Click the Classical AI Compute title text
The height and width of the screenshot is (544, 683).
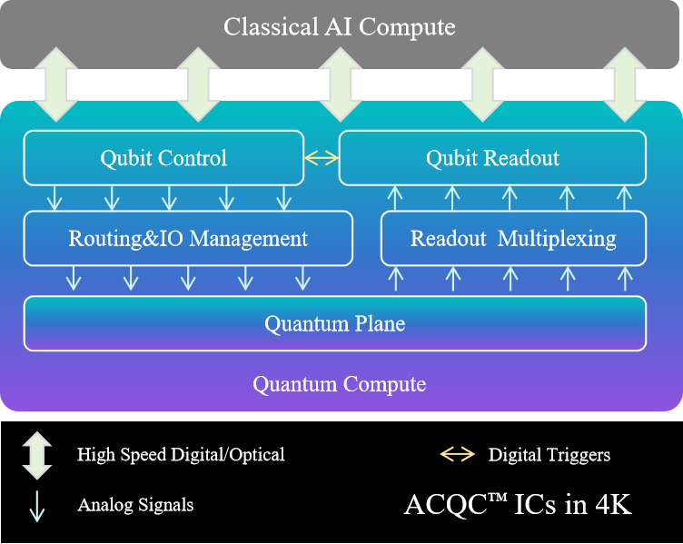pos(340,26)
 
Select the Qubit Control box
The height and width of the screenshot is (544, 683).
pos(163,158)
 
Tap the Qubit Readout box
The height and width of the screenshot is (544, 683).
pos(492,158)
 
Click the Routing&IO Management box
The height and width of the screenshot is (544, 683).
pos(188,239)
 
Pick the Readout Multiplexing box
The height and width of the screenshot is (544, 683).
pos(513,239)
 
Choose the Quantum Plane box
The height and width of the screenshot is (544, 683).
pos(334,323)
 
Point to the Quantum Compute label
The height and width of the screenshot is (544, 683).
pos(339,384)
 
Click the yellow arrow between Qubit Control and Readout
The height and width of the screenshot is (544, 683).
pos(322,158)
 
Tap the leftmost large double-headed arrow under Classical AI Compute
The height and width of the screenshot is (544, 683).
pos(55,84)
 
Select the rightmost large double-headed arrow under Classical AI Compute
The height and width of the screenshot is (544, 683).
pos(624,84)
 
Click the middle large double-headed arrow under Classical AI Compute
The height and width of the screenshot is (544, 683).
pos(341,84)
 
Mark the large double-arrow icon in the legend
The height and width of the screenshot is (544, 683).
pos(37,455)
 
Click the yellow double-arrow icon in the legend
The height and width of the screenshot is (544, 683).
pos(457,454)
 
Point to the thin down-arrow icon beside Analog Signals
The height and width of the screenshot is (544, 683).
pos(37,505)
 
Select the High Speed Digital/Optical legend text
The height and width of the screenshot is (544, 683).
pos(181,455)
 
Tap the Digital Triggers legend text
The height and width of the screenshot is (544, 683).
pos(549,455)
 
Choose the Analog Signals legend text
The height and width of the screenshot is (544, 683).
pos(135,505)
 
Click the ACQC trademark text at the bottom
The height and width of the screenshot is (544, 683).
pos(517,505)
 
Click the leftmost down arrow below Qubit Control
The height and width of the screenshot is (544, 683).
pos(54,197)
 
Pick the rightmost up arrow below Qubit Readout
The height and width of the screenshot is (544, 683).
pos(623,197)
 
